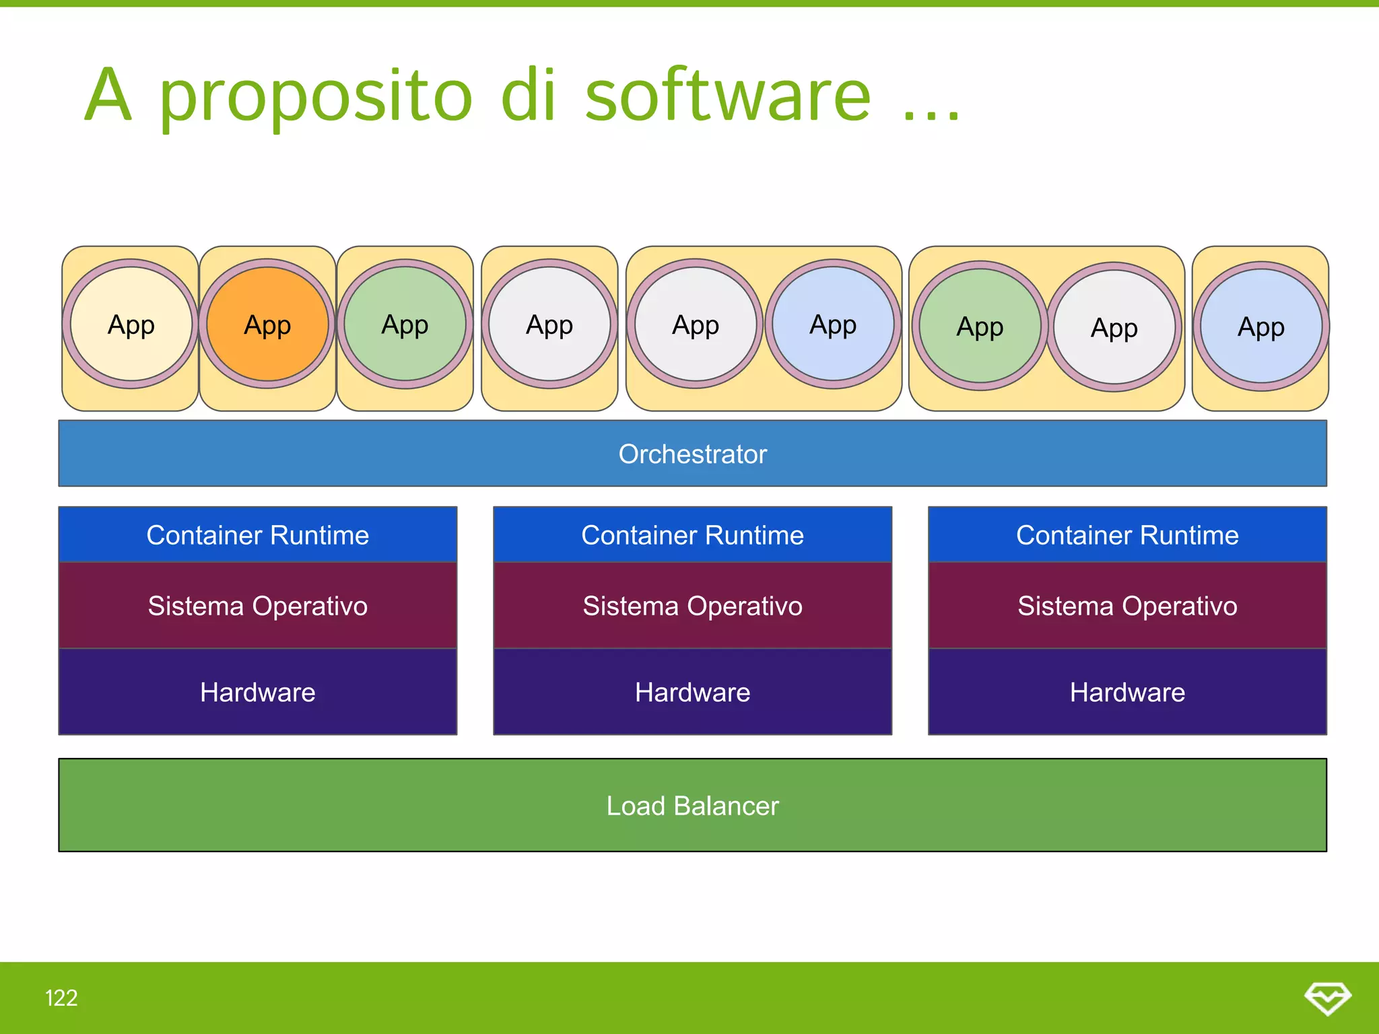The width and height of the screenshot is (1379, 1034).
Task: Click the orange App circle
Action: [x=267, y=324]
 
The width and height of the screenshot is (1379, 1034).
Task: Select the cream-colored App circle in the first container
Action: [x=131, y=324]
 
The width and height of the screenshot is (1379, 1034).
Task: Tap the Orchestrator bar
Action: [x=692, y=454]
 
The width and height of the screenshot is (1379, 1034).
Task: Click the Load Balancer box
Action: [x=692, y=805]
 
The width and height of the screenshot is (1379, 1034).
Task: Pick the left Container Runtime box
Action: [x=258, y=535]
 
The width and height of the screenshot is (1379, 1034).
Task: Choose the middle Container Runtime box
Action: [x=692, y=535]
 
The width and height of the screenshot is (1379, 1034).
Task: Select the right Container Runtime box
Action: [x=1127, y=535]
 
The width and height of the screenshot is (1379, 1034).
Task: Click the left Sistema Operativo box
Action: [x=258, y=606]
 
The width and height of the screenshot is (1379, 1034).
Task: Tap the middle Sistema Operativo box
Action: [x=692, y=606]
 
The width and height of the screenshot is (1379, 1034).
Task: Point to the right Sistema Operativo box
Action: [x=1127, y=606]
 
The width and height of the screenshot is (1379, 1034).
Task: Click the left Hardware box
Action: [x=258, y=692]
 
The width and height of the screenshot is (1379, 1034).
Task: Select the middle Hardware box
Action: [x=692, y=692]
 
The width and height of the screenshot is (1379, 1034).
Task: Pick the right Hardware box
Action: [x=1127, y=692]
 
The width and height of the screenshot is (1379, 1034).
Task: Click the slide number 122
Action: [x=61, y=998]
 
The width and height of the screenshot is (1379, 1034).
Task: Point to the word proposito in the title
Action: [x=316, y=98]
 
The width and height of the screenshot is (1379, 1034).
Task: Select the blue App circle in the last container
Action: [x=1261, y=326]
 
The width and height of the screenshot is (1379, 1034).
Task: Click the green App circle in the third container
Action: [x=405, y=324]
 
